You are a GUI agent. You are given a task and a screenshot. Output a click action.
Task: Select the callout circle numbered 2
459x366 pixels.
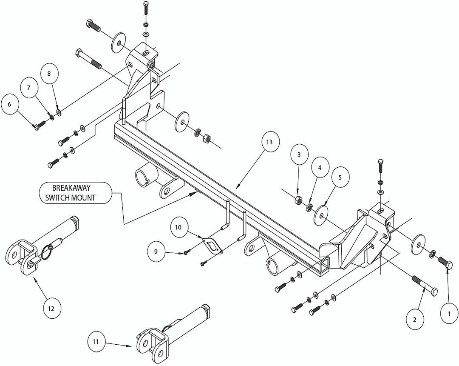click(415, 318)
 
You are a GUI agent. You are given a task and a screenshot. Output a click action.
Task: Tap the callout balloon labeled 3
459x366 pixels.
click(299, 154)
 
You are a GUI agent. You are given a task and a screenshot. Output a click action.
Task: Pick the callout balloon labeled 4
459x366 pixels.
click(320, 168)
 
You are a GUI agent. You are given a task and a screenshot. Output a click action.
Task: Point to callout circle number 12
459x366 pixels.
click(51, 308)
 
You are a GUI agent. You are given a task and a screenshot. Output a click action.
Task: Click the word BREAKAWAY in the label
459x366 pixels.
click(71, 188)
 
